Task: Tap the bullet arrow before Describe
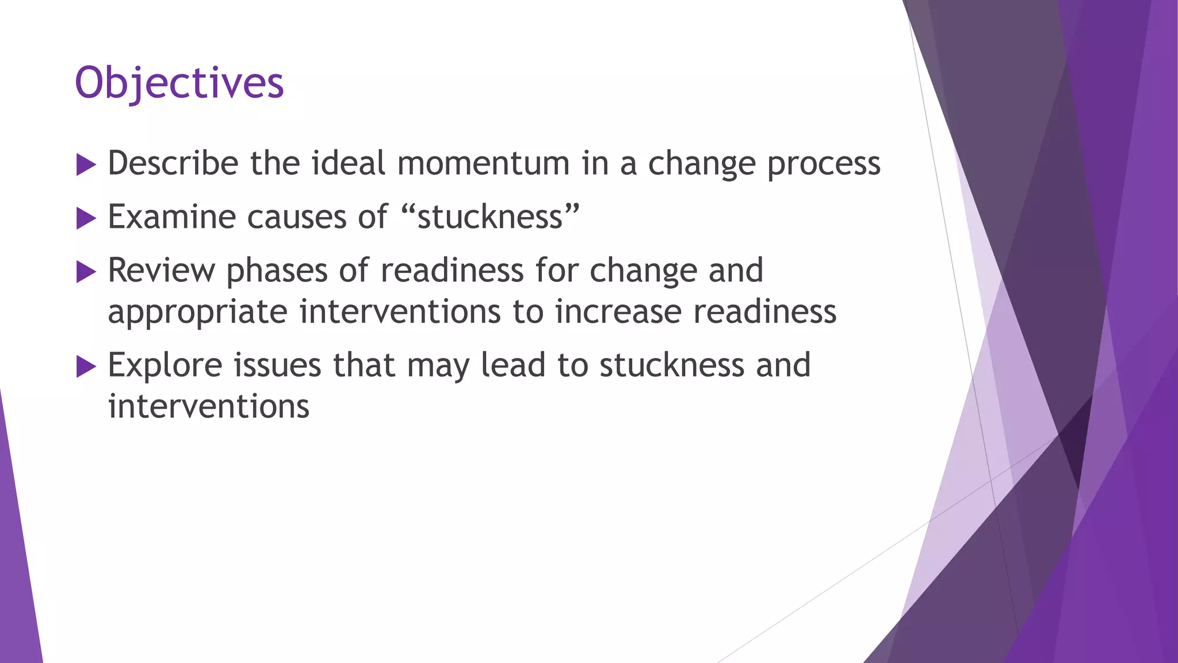(86, 165)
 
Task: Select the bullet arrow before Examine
(86, 219)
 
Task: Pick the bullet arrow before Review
(86, 272)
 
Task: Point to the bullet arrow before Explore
(86, 367)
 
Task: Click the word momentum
(483, 163)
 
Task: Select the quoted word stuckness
(490, 217)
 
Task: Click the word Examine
(172, 217)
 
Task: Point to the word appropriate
(197, 313)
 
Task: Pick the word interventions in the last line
(209, 406)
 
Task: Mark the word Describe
(173, 163)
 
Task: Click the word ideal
(349, 163)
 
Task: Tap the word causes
(297, 218)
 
